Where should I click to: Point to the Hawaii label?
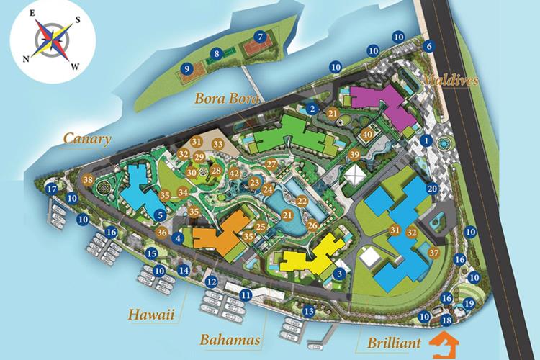pyautogui.click(x=152, y=315)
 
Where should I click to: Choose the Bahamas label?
pyautogui.click(x=230, y=338)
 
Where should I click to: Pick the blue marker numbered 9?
pyautogui.click(x=186, y=69)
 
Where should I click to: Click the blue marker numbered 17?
pyautogui.click(x=50, y=189)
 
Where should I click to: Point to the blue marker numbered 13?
pyautogui.click(x=308, y=311)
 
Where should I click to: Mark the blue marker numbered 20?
pyautogui.click(x=432, y=189)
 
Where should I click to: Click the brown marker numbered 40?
pyautogui.click(x=367, y=133)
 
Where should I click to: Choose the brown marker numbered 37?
pyautogui.click(x=433, y=253)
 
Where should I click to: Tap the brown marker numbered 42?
pyautogui.click(x=234, y=173)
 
